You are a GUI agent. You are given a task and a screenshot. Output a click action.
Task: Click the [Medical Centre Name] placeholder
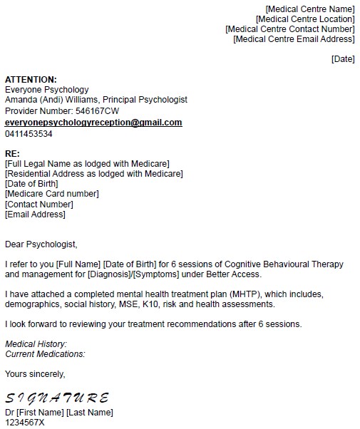click(x=309, y=9)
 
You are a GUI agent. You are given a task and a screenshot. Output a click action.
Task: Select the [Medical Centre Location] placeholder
click(x=304, y=19)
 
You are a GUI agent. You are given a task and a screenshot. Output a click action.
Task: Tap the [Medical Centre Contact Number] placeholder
click(x=289, y=29)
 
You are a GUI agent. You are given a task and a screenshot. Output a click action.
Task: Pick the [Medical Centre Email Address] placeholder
click(x=294, y=38)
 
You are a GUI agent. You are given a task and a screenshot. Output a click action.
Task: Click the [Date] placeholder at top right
click(x=343, y=58)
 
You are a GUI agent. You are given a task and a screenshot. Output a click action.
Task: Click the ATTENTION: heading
click(x=31, y=79)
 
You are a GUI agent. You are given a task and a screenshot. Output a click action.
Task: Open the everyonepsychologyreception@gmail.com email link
click(x=93, y=123)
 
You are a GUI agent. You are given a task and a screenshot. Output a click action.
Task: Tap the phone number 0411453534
click(x=29, y=133)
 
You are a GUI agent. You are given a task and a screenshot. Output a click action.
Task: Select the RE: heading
click(x=13, y=153)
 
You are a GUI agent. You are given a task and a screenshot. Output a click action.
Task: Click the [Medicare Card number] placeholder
click(x=52, y=193)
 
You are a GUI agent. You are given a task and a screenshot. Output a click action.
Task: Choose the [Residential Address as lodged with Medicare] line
click(x=93, y=173)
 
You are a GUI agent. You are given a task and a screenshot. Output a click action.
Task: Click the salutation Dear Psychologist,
click(x=41, y=244)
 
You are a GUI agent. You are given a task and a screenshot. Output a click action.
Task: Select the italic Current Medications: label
click(x=45, y=354)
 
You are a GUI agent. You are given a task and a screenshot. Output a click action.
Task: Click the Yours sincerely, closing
click(x=35, y=373)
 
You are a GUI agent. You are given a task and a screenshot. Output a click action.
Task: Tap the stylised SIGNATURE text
click(x=57, y=398)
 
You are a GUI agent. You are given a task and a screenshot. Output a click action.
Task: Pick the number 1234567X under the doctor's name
click(x=25, y=423)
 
